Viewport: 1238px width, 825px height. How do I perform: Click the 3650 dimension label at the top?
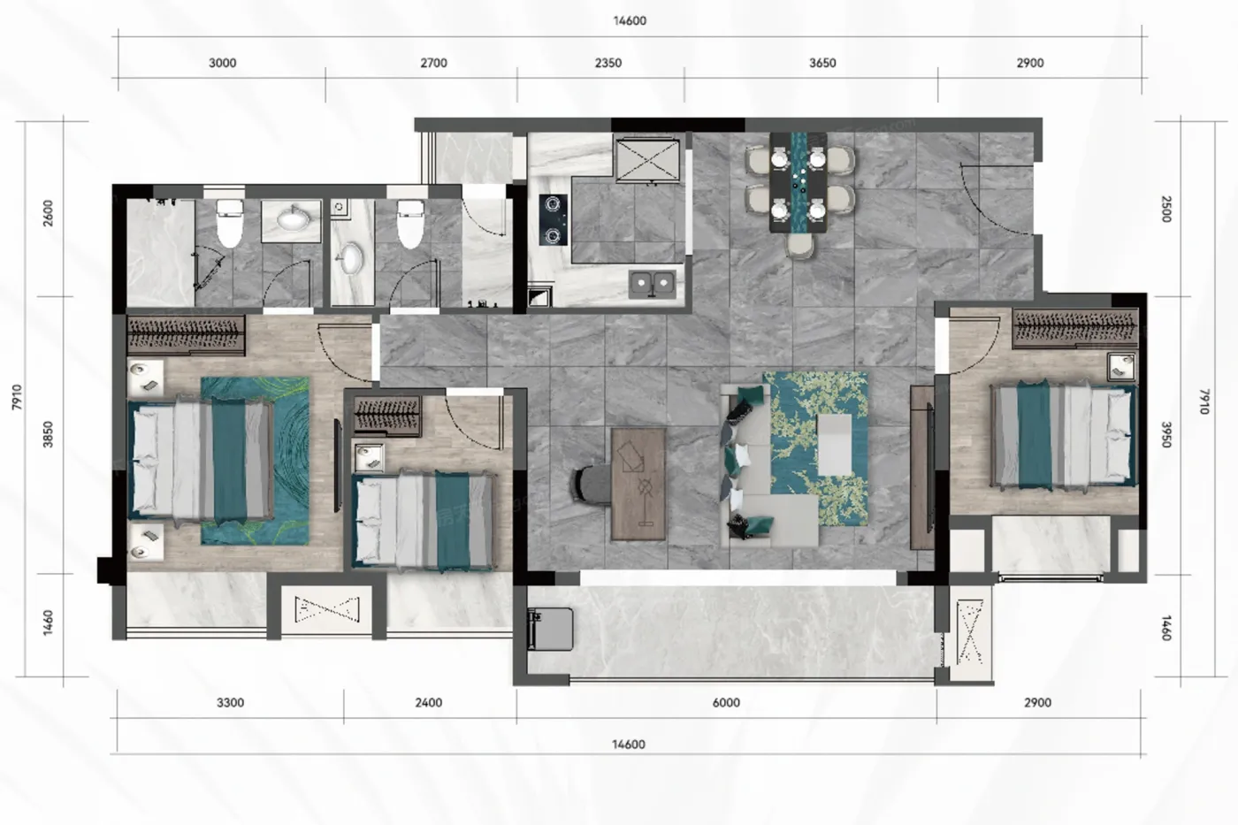coord(822,63)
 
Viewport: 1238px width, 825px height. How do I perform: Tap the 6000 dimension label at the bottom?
coord(726,703)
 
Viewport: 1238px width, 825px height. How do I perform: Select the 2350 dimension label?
coord(608,63)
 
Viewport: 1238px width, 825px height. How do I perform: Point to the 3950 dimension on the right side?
coord(1166,435)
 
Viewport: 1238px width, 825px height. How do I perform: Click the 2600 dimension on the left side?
coord(48,213)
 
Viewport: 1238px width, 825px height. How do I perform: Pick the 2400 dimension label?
coord(428,703)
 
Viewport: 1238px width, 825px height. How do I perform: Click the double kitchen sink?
coord(653,284)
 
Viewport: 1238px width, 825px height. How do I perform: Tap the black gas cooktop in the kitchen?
coord(554,220)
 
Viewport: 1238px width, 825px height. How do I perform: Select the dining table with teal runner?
coord(799,182)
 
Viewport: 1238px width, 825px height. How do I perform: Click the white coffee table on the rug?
coord(835,445)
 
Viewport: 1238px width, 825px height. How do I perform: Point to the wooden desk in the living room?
coord(638,484)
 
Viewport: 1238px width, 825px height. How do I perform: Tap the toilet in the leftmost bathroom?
coord(229,223)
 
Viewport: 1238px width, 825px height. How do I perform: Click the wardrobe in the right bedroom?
coord(1075,328)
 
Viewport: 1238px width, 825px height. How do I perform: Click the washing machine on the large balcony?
coord(550,629)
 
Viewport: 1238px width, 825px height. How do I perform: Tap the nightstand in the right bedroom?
coord(1121,368)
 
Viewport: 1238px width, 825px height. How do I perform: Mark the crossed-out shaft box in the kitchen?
coord(647,160)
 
